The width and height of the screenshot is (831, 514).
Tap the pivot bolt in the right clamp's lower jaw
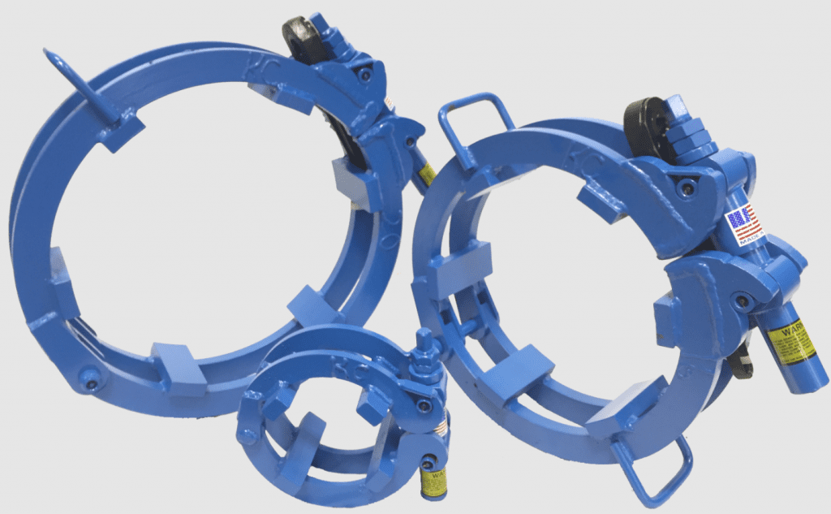pos(742,301)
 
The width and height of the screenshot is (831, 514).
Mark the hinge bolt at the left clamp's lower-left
pos(88,376)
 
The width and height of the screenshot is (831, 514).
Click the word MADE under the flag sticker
pos(747,240)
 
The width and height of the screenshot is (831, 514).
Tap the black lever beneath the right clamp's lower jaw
pos(740,362)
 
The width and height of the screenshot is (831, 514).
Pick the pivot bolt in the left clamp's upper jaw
pos(364,76)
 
